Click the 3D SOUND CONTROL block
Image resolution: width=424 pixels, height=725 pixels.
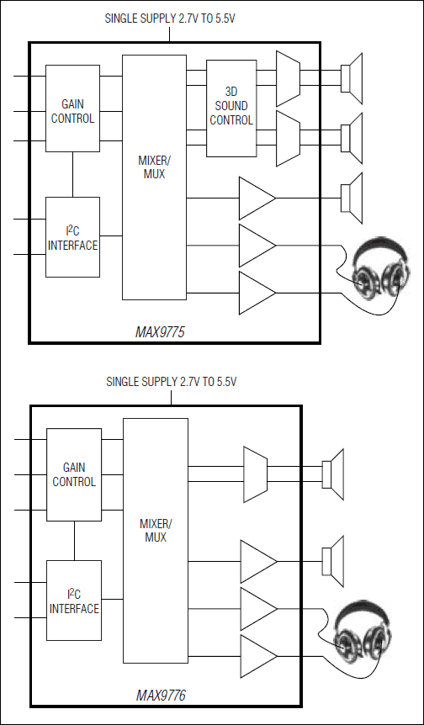pyautogui.click(x=231, y=108)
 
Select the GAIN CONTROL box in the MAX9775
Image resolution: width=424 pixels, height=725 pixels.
pyautogui.click(x=72, y=108)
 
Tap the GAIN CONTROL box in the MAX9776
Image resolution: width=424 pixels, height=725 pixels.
pyautogui.click(x=74, y=474)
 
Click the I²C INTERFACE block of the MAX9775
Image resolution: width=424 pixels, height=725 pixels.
pyautogui.click(x=72, y=237)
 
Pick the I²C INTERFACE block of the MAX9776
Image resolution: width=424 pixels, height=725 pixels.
pyautogui.click(x=74, y=601)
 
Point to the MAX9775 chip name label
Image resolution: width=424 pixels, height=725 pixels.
pyautogui.click(x=160, y=332)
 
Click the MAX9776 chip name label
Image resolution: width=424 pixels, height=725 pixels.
pyautogui.click(x=161, y=696)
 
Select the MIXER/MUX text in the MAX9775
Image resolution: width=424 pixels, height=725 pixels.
pyautogui.click(x=155, y=167)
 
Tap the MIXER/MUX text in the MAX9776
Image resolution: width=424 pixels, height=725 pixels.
pyautogui.click(x=156, y=531)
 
